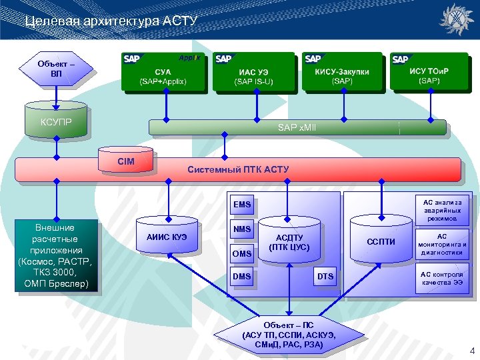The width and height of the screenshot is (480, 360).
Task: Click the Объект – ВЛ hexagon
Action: [x=56, y=69]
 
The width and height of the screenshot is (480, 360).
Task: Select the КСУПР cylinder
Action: [x=56, y=120]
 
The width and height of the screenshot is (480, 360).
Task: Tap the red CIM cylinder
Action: [x=125, y=159]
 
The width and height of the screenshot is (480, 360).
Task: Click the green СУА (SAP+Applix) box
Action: [x=163, y=71]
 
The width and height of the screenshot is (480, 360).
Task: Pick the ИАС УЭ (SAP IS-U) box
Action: [x=253, y=71]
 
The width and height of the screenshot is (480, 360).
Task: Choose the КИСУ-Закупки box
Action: [x=342, y=71]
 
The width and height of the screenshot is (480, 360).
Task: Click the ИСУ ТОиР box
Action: [x=429, y=71]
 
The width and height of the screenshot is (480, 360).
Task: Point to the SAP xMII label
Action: [x=297, y=127]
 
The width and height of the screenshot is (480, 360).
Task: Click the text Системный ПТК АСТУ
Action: [x=238, y=169]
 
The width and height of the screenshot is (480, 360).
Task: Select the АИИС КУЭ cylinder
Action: [x=167, y=235]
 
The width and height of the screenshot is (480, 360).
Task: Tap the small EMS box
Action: [x=242, y=204]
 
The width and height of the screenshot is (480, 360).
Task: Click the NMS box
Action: [x=242, y=229]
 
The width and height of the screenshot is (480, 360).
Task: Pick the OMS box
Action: [x=242, y=253]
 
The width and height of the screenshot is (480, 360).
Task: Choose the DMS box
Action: [x=242, y=276]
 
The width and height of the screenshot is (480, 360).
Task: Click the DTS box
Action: [x=325, y=276]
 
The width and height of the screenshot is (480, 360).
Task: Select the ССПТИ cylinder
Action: [x=381, y=239]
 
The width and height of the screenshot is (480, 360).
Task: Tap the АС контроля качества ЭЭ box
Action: [x=442, y=278]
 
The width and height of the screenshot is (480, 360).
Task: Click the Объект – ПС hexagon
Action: [x=289, y=335]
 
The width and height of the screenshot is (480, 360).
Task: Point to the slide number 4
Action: [x=472, y=351]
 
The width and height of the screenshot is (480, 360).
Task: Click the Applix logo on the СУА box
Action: [x=189, y=57]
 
